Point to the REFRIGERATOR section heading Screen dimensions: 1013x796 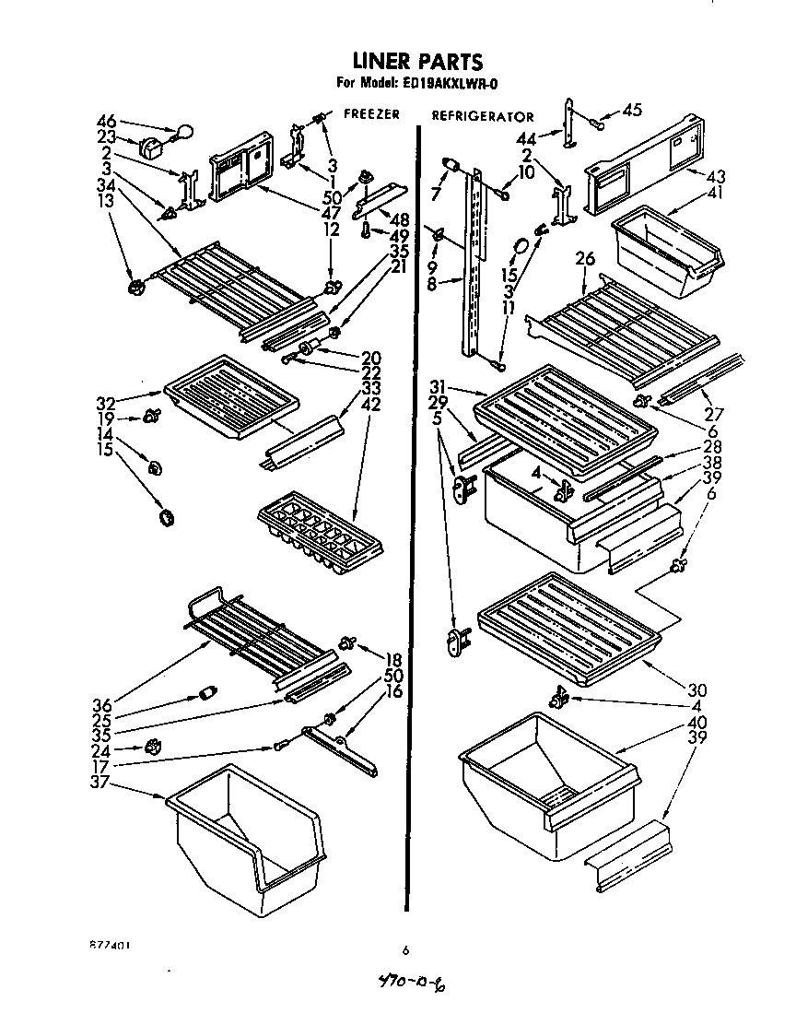pyautogui.click(x=483, y=117)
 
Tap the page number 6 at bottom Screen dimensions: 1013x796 pyautogui.click(x=404, y=949)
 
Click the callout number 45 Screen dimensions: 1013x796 pyautogui.click(x=631, y=112)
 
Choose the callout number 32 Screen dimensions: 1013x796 pyautogui.click(x=105, y=403)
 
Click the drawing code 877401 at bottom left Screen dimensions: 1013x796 pyautogui.click(x=108, y=946)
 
